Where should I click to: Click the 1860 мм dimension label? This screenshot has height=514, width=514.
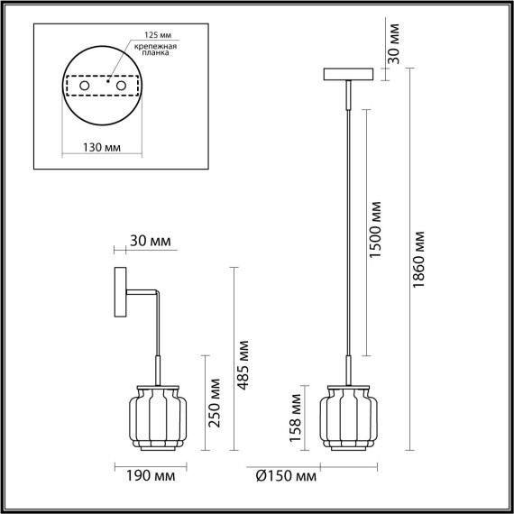click(x=421, y=260)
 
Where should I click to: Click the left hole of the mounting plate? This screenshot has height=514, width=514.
click(x=86, y=86)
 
